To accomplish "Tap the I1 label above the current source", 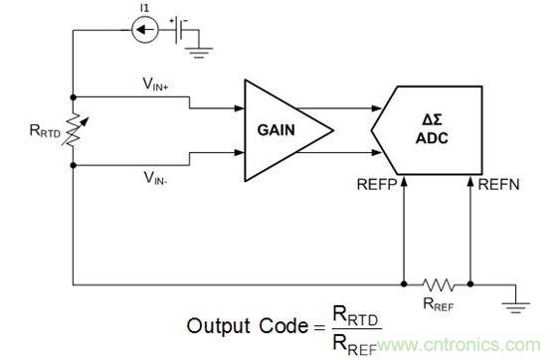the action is tap(144, 8).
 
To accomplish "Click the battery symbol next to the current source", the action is tap(181, 30).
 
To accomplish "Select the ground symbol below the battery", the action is tap(199, 53).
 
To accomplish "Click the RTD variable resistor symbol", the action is tap(74, 130).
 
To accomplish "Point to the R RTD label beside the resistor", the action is tap(45, 130).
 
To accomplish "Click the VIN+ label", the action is tap(155, 85).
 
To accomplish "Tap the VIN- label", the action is tap(155, 178).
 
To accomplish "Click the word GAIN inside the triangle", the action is tap(277, 130).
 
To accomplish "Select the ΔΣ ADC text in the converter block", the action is tap(432, 129).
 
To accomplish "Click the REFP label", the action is tap(377, 185).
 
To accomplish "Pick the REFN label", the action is tap(498, 185).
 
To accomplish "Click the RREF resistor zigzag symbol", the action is tap(438, 284).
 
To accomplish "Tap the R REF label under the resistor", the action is tap(439, 304).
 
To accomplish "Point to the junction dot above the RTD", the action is tap(74, 97).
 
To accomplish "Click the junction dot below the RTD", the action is tap(74, 165).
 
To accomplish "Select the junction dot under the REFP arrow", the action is tap(404, 284).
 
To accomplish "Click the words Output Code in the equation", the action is tap(247, 326).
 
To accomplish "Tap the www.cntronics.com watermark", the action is tap(459, 345).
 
